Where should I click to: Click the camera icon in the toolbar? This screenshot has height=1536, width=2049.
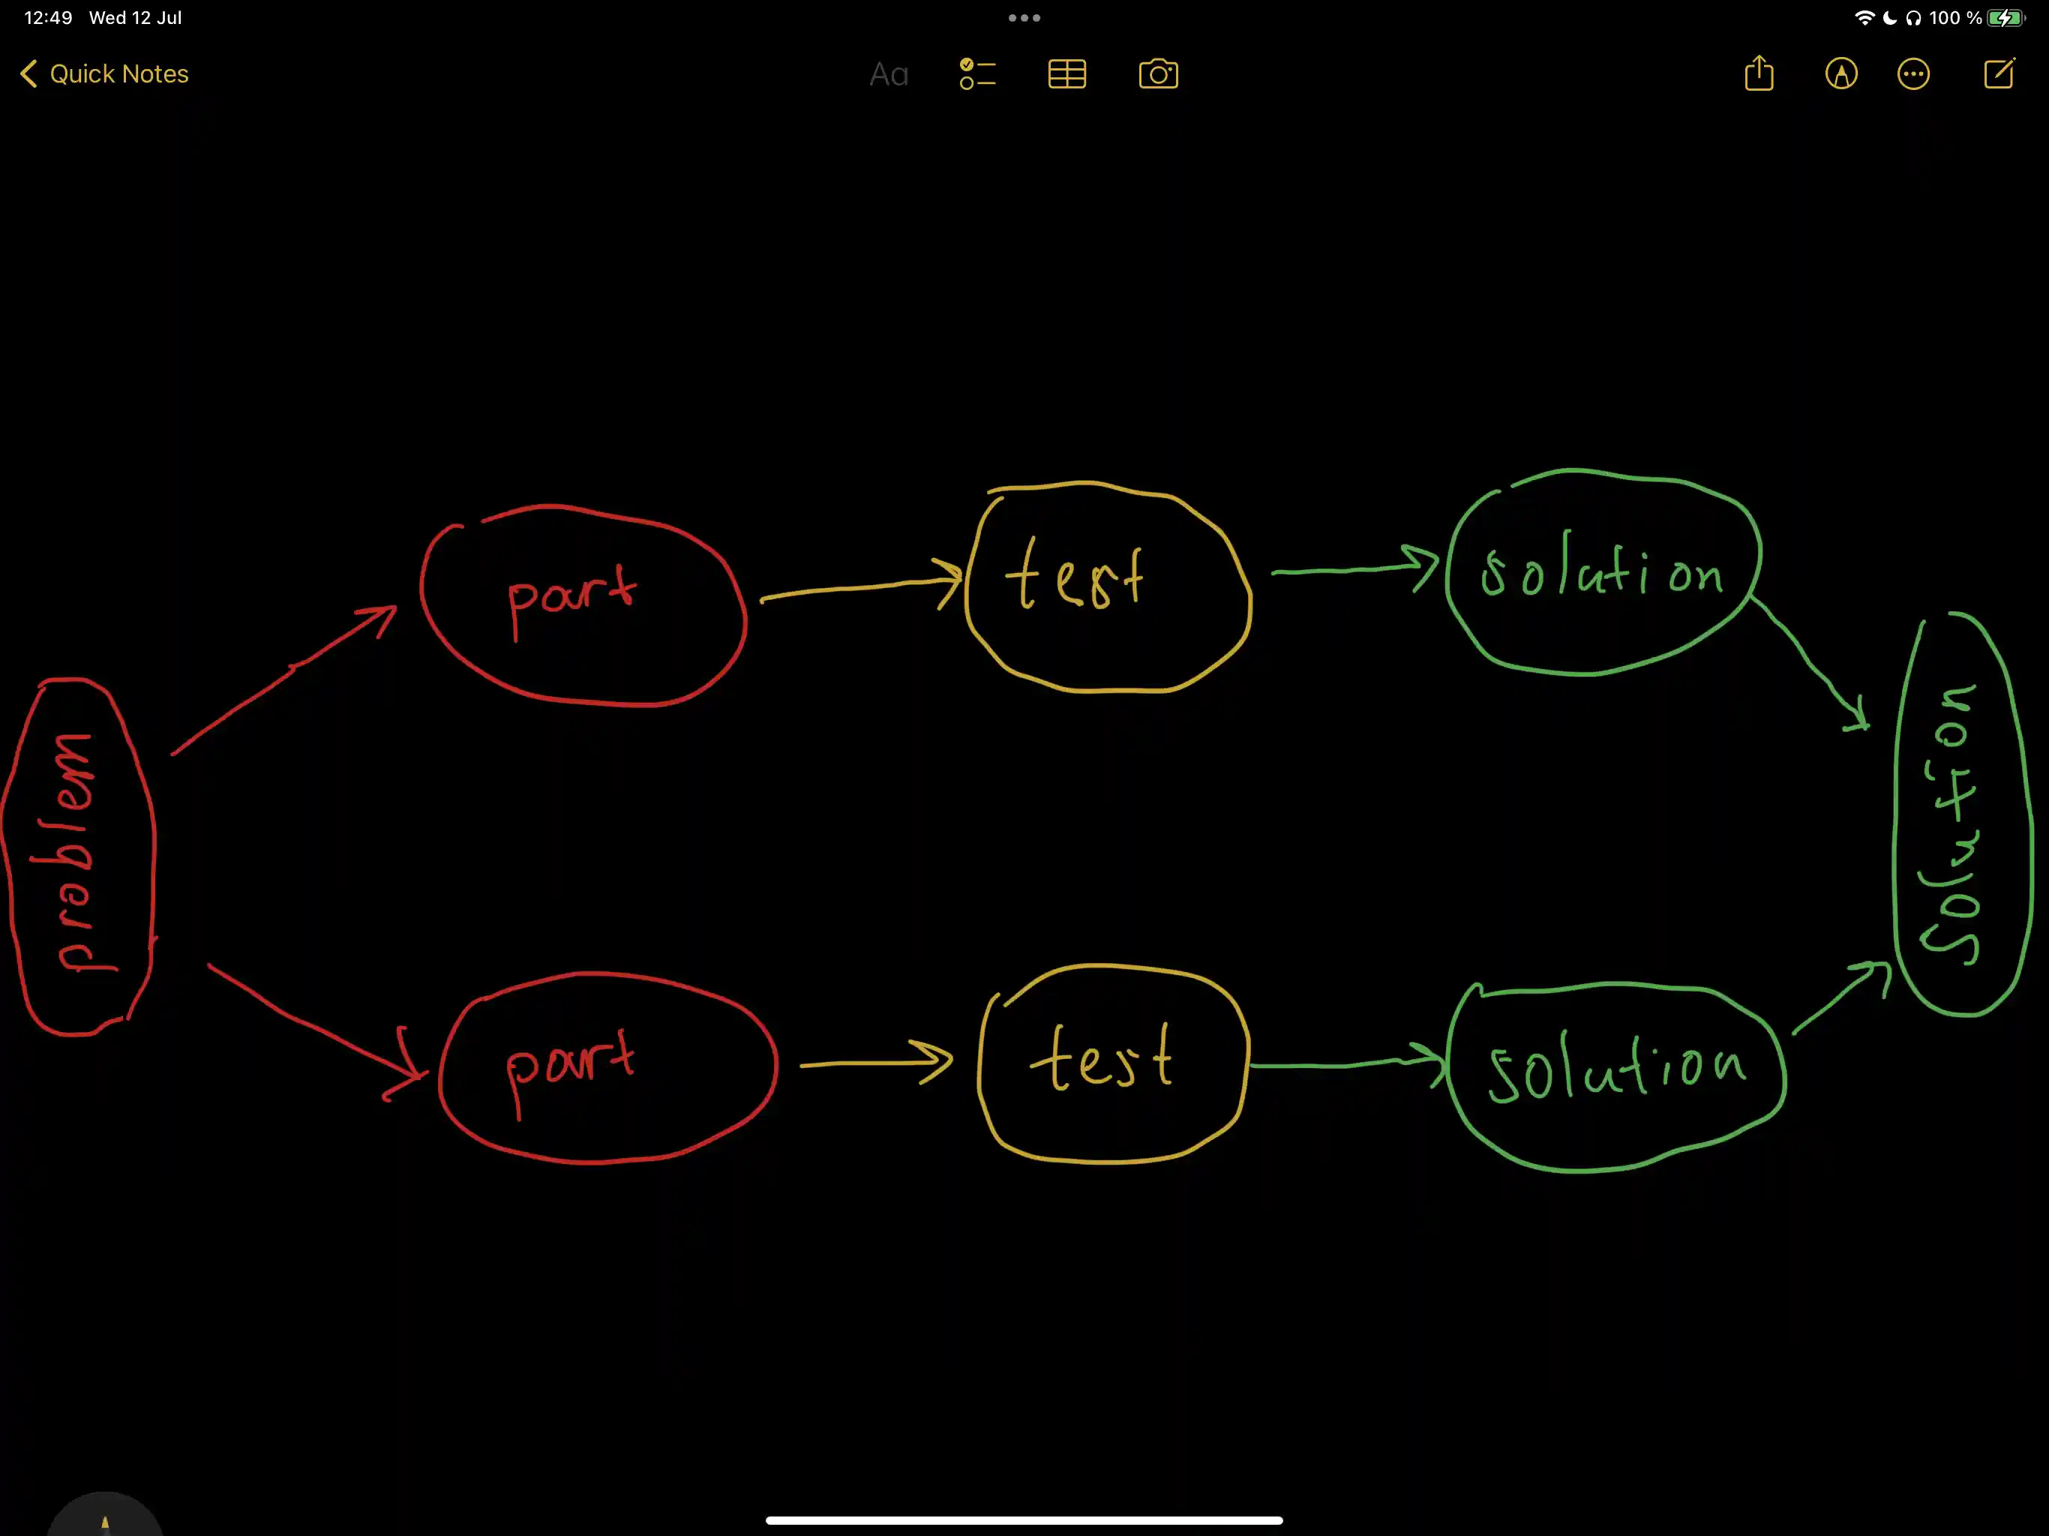tap(1158, 74)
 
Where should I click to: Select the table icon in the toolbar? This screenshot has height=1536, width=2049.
tap(1067, 74)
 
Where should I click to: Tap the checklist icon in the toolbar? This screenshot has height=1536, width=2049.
tap(977, 74)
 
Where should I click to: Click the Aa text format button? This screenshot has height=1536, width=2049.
tap(888, 74)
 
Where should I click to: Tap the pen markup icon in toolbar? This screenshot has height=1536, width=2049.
tap(1841, 74)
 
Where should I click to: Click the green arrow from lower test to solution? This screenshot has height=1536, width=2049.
tap(1348, 1063)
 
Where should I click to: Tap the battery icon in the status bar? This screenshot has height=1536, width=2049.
tap(2006, 17)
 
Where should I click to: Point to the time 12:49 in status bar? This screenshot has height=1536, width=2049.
tap(48, 17)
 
